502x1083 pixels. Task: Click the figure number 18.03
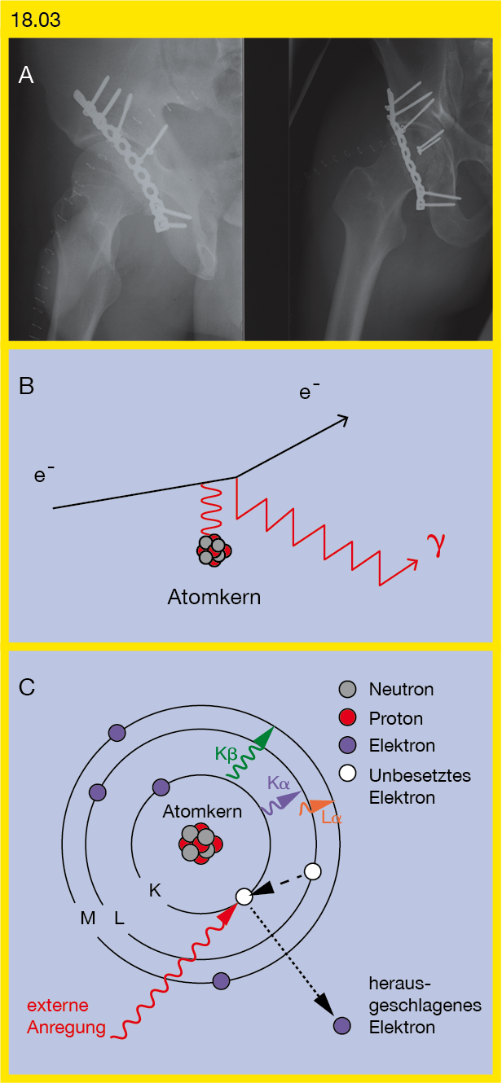click(35, 20)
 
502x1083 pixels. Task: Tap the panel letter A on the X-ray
click(26, 76)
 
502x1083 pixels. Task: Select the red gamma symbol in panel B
click(435, 545)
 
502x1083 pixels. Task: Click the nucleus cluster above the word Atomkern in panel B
click(214, 550)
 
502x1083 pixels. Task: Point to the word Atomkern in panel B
click(214, 598)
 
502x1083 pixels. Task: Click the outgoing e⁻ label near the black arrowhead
click(309, 390)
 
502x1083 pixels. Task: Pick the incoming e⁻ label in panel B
click(43, 474)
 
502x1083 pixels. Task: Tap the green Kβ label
click(226, 753)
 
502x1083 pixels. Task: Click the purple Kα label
click(279, 783)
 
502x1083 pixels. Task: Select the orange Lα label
click(332, 818)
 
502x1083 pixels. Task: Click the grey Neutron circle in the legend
click(348, 689)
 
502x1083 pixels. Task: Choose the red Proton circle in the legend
click(348, 718)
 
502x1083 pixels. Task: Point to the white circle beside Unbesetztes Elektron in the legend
click(348, 774)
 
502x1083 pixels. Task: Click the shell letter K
click(155, 891)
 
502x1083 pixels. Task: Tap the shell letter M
click(88, 918)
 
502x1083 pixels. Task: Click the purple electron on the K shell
click(161, 787)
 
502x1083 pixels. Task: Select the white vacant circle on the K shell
click(244, 897)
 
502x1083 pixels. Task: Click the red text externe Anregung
click(66, 1016)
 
